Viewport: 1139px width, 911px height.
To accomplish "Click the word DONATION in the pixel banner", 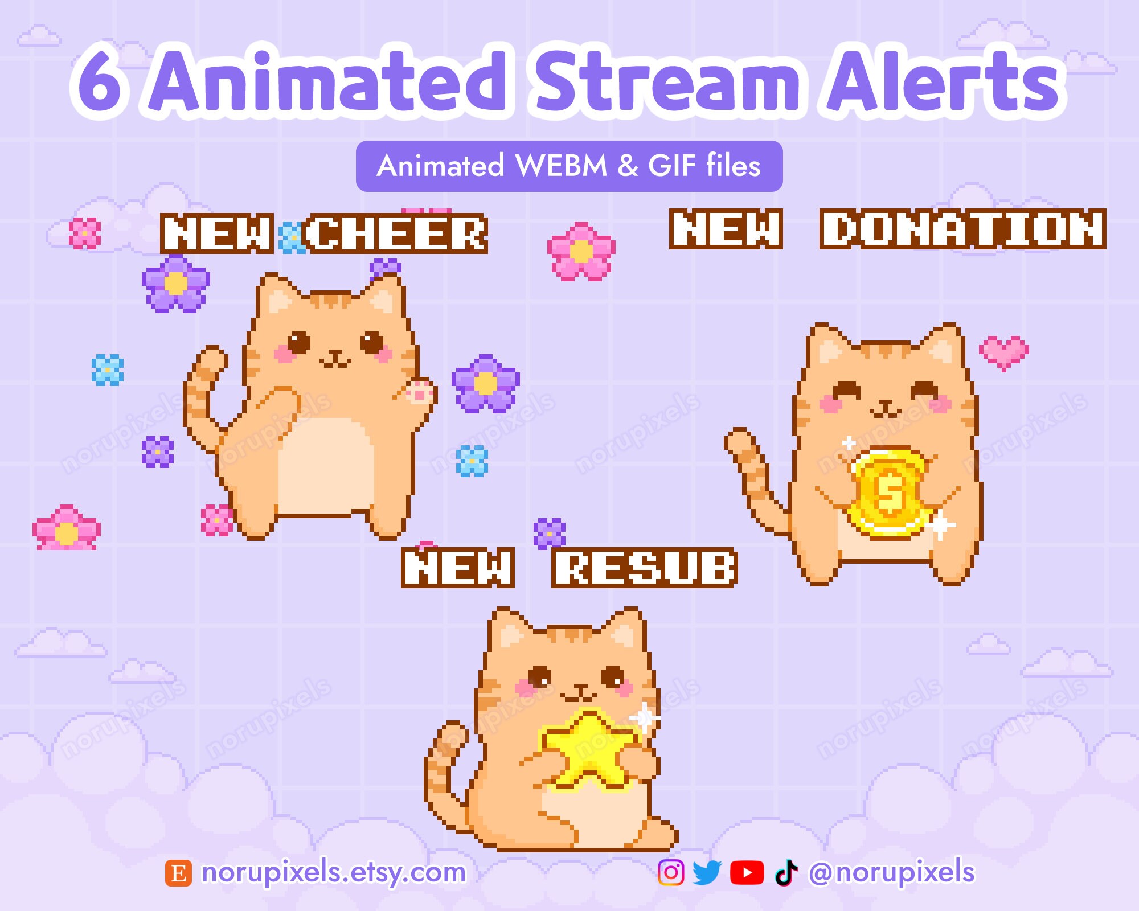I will click(x=962, y=229).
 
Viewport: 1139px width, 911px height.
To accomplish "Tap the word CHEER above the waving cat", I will click(x=395, y=233).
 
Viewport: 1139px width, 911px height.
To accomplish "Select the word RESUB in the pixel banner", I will click(x=645, y=568).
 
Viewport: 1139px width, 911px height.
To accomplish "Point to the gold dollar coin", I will click(x=888, y=493).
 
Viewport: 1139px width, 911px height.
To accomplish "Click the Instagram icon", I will click(x=671, y=872).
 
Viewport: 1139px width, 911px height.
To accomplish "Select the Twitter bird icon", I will click(x=707, y=872).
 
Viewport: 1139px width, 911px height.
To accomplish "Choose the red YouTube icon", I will click(x=747, y=872).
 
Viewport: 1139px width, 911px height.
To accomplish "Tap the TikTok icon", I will click(x=786, y=872).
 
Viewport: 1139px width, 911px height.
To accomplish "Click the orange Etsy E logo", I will click(x=178, y=873).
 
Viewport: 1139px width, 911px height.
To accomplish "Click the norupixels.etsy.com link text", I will click(x=334, y=872).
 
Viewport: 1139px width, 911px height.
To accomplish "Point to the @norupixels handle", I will click(x=891, y=872).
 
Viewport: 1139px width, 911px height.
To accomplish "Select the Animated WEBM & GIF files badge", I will click(x=569, y=166).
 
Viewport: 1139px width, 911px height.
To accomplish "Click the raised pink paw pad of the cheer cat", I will click(x=420, y=393).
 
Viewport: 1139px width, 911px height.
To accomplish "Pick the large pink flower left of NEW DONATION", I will click(x=581, y=252).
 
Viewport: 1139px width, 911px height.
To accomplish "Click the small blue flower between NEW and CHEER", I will click(x=291, y=238).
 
